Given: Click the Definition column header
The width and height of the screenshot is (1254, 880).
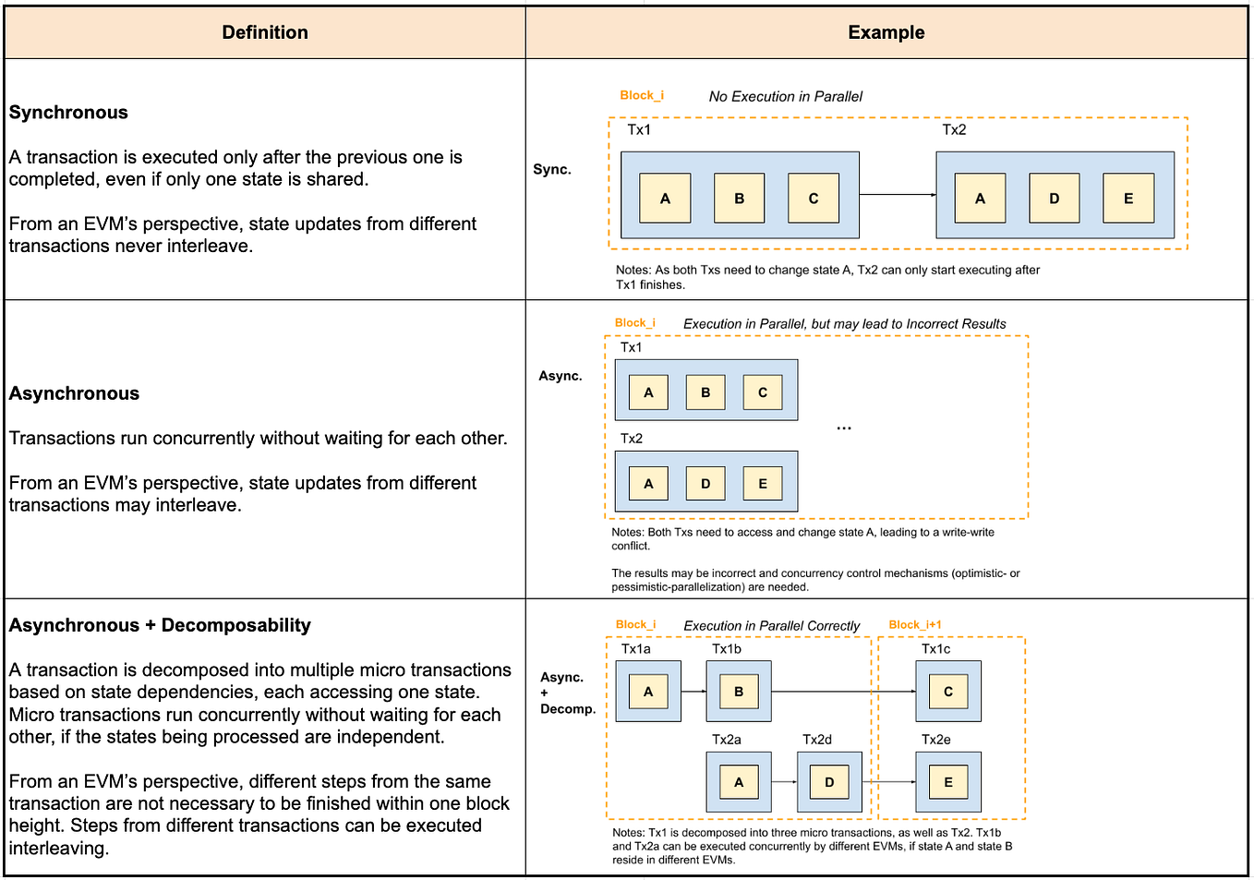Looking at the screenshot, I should (x=265, y=32).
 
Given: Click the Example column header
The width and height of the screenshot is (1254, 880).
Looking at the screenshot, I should (x=886, y=32).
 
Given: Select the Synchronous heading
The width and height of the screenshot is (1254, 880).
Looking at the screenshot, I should (x=68, y=113).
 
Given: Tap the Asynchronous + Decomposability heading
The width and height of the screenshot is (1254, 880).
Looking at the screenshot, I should (x=160, y=625).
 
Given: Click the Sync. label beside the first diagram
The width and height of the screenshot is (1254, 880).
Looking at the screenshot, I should (x=552, y=169).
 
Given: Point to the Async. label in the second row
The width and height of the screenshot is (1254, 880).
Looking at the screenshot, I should (x=561, y=376).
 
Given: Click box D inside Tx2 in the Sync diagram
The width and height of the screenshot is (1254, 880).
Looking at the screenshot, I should (x=1054, y=198).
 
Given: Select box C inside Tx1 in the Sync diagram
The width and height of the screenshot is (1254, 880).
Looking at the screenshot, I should (x=814, y=198).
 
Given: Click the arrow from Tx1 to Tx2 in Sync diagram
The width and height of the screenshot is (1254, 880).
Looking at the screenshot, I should (x=898, y=195).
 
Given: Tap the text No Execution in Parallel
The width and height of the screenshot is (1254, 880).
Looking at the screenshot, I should (x=785, y=96).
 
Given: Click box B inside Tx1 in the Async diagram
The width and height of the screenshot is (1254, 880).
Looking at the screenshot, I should (x=705, y=392).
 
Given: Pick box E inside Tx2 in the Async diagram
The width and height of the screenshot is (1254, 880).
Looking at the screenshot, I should (x=763, y=483).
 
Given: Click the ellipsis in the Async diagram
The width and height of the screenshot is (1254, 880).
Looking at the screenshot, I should (x=844, y=428).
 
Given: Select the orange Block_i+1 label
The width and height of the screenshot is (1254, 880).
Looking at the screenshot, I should (x=914, y=625).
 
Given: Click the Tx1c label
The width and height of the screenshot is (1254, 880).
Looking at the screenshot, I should (x=935, y=649).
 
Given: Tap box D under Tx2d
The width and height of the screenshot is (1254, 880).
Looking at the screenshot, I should (x=829, y=782).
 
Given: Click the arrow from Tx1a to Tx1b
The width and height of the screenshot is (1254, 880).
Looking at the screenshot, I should (x=693, y=692).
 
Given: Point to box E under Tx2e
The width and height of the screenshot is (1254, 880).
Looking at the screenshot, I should (x=948, y=782).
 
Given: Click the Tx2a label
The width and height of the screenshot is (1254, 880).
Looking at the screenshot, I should (x=726, y=740).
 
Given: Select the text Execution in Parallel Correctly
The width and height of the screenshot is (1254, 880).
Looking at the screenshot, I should (x=771, y=626).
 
